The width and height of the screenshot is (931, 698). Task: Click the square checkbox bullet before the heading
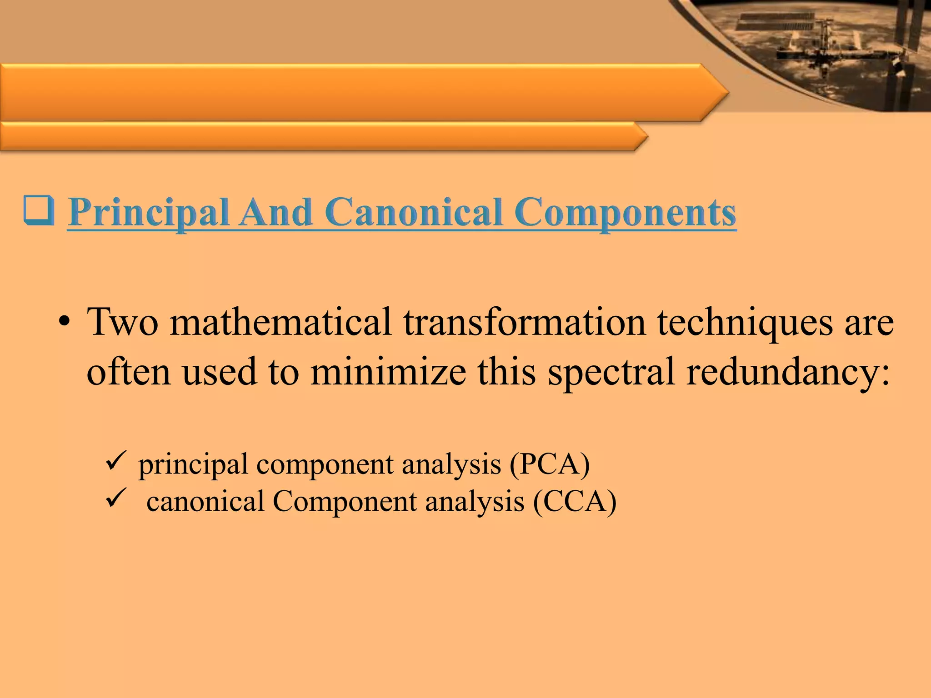tap(39, 211)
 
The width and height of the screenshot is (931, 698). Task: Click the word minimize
tap(388, 371)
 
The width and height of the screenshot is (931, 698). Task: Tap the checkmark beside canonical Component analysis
tap(115, 498)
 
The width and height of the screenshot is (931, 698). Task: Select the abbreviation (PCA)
tap(549, 464)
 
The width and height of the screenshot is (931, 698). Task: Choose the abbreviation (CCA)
tap(575, 502)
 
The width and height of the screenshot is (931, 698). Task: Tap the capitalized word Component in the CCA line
tap(345, 502)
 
